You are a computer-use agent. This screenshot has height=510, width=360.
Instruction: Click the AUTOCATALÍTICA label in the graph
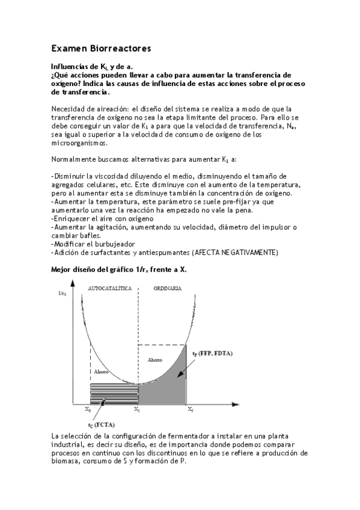point(110,289)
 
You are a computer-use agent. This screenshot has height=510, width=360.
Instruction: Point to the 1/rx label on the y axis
point(62,293)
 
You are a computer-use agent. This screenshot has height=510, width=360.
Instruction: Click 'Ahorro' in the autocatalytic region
point(101,372)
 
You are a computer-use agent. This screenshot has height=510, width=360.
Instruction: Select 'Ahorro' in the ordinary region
point(154,359)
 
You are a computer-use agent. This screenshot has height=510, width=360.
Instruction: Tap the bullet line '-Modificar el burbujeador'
point(93,244)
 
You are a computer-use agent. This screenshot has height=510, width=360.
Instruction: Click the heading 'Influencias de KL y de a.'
point(92,66)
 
